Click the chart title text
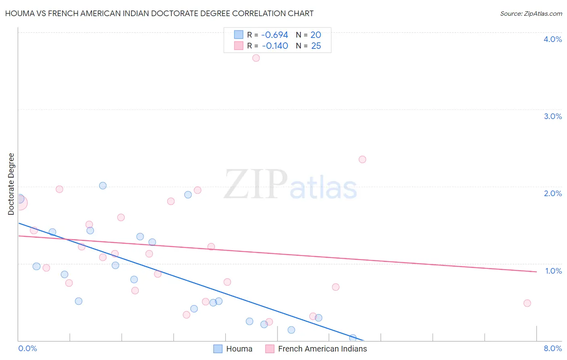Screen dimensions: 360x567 [159, 13]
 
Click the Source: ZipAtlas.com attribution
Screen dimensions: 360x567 [531, 13]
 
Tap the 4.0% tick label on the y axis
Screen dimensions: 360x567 [552, 39]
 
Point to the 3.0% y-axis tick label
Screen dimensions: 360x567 [552, 116]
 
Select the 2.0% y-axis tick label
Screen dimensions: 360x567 [552, 193]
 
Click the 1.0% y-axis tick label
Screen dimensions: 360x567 [553, 271]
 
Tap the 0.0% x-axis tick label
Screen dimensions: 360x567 [28, 348]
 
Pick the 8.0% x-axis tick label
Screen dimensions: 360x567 [552, 348]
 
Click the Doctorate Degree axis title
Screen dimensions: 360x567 [11, 184]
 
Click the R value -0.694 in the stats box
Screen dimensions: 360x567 [275, 35]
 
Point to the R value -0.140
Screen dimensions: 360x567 [275, 46]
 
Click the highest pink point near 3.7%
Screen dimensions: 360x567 [256, 58]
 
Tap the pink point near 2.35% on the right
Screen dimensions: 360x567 [362, 159]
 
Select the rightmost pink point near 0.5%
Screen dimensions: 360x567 [527, 303]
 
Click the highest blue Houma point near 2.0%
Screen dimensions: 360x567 [103, 186]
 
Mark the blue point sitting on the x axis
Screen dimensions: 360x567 [353, 338]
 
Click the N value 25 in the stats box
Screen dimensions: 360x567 [316, 46]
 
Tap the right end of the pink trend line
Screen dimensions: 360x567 [536, 272]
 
